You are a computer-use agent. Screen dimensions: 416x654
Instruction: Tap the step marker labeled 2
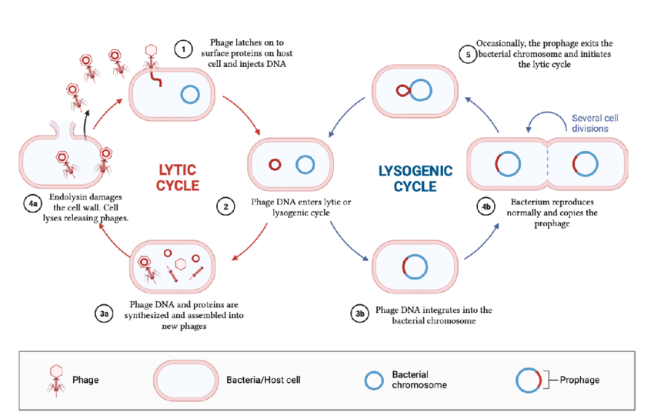(225, 206)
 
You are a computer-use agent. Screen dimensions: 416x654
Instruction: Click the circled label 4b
(485, 206)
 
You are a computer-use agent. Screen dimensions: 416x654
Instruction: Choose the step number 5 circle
(466, 54)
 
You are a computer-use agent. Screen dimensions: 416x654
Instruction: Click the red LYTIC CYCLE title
(178, 177)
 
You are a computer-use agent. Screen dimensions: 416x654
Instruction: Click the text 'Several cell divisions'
(595, 123)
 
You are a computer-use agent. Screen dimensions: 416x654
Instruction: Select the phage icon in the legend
(55, 379)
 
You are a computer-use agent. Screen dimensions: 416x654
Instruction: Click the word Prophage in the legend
(579, 380)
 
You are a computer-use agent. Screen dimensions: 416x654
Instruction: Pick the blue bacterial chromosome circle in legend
(374, 380)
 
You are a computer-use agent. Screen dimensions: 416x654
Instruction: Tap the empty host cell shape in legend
(187, 380)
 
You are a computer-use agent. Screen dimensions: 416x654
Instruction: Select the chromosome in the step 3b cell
(414, 266)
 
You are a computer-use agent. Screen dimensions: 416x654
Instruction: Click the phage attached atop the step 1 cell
(152, 58)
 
